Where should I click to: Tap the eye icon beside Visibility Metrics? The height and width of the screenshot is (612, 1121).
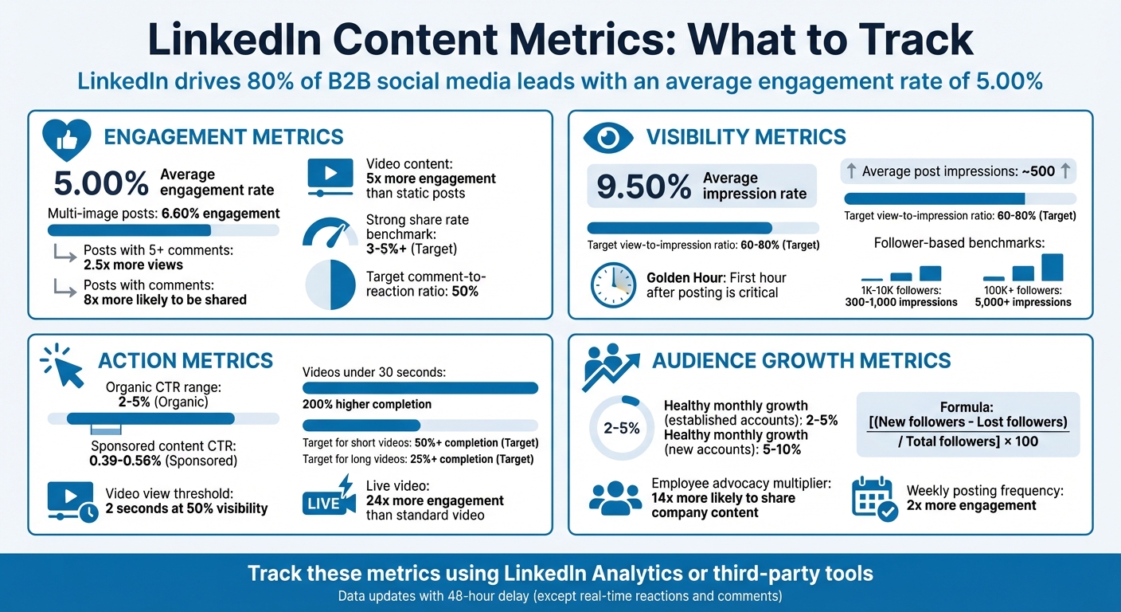(608, 137)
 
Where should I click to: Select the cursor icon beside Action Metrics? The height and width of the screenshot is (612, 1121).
(63, 366)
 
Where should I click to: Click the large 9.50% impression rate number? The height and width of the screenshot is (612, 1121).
(644, 186)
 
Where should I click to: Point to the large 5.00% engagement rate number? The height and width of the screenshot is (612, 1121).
(101, 183)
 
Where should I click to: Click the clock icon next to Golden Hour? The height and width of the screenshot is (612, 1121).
(613, 285)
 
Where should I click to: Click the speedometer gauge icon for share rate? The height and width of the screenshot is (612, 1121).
(330, 233)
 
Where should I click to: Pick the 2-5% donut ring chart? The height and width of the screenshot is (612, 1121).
(622, 428)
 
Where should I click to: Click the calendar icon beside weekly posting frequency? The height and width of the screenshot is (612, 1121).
(874, 499)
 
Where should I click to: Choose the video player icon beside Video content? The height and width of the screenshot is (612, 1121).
(330, 177)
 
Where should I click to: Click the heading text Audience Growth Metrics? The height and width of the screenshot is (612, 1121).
(801, 361)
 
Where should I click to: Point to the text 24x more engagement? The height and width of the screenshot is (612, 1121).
(435, 500)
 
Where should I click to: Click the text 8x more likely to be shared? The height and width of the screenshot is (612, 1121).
(165, 300)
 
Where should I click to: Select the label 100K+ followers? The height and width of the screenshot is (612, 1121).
(1022, 290)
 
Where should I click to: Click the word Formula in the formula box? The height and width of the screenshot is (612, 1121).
(968, 406)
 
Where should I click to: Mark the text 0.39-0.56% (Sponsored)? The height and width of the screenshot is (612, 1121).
(163, 461)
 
